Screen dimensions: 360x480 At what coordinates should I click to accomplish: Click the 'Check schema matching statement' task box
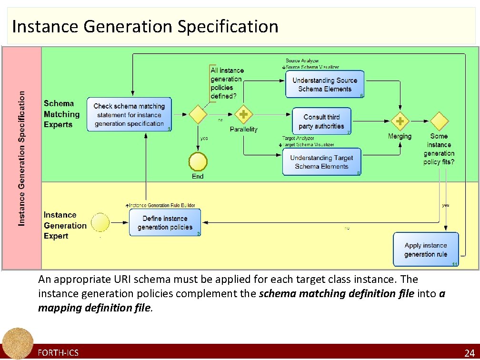point(129,115)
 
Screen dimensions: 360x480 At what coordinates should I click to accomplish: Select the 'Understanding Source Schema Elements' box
point(325,84)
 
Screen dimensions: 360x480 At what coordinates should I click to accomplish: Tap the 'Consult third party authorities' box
point(321,121)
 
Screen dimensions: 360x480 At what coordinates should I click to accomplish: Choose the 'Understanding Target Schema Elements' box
point(321,162)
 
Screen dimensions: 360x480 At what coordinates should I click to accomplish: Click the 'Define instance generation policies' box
point(165,223)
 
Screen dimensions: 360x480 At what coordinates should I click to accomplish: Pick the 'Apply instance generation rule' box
point(426,250)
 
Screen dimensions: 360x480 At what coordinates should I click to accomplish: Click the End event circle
point(198,162)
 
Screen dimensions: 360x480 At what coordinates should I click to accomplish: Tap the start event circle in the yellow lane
point(100,223)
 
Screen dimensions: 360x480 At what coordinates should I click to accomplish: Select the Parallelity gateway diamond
point(243,115)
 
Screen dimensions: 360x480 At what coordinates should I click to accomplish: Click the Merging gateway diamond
point(400,121)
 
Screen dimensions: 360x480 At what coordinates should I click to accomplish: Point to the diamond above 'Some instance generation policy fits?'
point(439,121)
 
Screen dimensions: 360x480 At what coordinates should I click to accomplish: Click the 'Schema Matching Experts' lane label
point(61,114)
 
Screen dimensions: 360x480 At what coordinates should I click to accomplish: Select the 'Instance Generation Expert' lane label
point(65,226)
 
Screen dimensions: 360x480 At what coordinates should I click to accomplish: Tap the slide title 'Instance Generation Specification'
point(145,26)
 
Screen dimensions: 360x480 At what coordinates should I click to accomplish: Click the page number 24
point(469,353)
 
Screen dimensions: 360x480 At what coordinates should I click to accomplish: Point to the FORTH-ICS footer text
point(58,353)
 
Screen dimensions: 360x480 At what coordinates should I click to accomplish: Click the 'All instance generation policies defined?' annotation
point(227,83)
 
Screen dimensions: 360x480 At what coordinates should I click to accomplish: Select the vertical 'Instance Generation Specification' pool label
point(22,159)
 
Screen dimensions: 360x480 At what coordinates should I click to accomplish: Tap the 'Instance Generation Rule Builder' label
point(162,205)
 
